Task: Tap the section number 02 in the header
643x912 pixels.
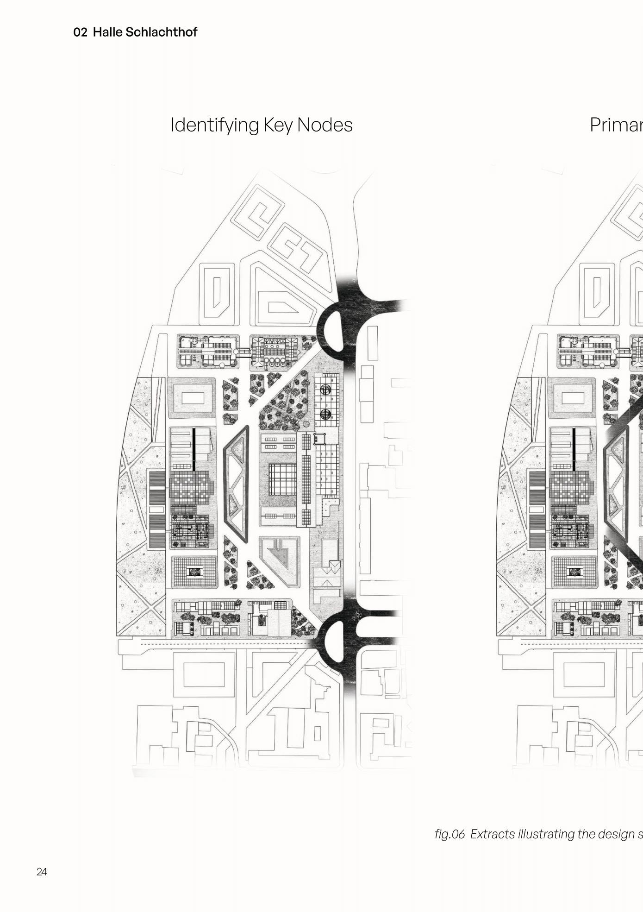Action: point(80,32)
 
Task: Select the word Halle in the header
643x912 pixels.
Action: point(107,32)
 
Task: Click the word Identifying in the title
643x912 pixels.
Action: point(215,125)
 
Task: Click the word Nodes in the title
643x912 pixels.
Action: point(325,125)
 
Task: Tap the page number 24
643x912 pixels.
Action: point(42,872)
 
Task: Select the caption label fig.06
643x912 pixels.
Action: point(449,834)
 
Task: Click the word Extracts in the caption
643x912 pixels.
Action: point(493,834)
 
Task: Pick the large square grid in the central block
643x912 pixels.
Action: point(282,479)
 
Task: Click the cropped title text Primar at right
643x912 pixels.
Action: point(616,125)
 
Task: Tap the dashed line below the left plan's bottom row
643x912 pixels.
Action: point(222,644)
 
